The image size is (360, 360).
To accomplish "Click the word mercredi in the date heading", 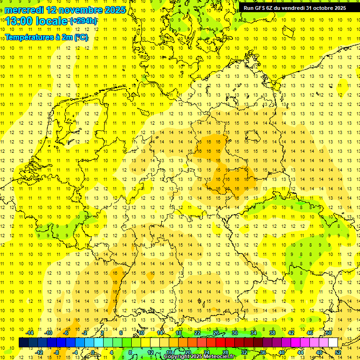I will [x=25, y=10].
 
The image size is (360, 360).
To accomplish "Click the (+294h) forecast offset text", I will [x=83, y=21].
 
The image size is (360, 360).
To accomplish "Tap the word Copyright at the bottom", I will [x=178, y=357].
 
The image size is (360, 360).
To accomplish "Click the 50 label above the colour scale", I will [x=329, y=333].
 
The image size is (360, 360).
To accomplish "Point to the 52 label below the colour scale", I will [x=338, y=352].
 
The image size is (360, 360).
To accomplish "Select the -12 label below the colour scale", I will [x=39, y=352].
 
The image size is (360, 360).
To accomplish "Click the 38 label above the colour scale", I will [x=272, y=333].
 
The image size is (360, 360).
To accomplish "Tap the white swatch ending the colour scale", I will [x=333, y=343].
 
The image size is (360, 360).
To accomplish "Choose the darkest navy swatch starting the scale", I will [x=23, y=343].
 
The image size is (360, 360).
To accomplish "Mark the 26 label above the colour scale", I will [x=216, y=333].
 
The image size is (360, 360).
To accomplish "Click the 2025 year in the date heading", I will [x=115, y=10].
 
